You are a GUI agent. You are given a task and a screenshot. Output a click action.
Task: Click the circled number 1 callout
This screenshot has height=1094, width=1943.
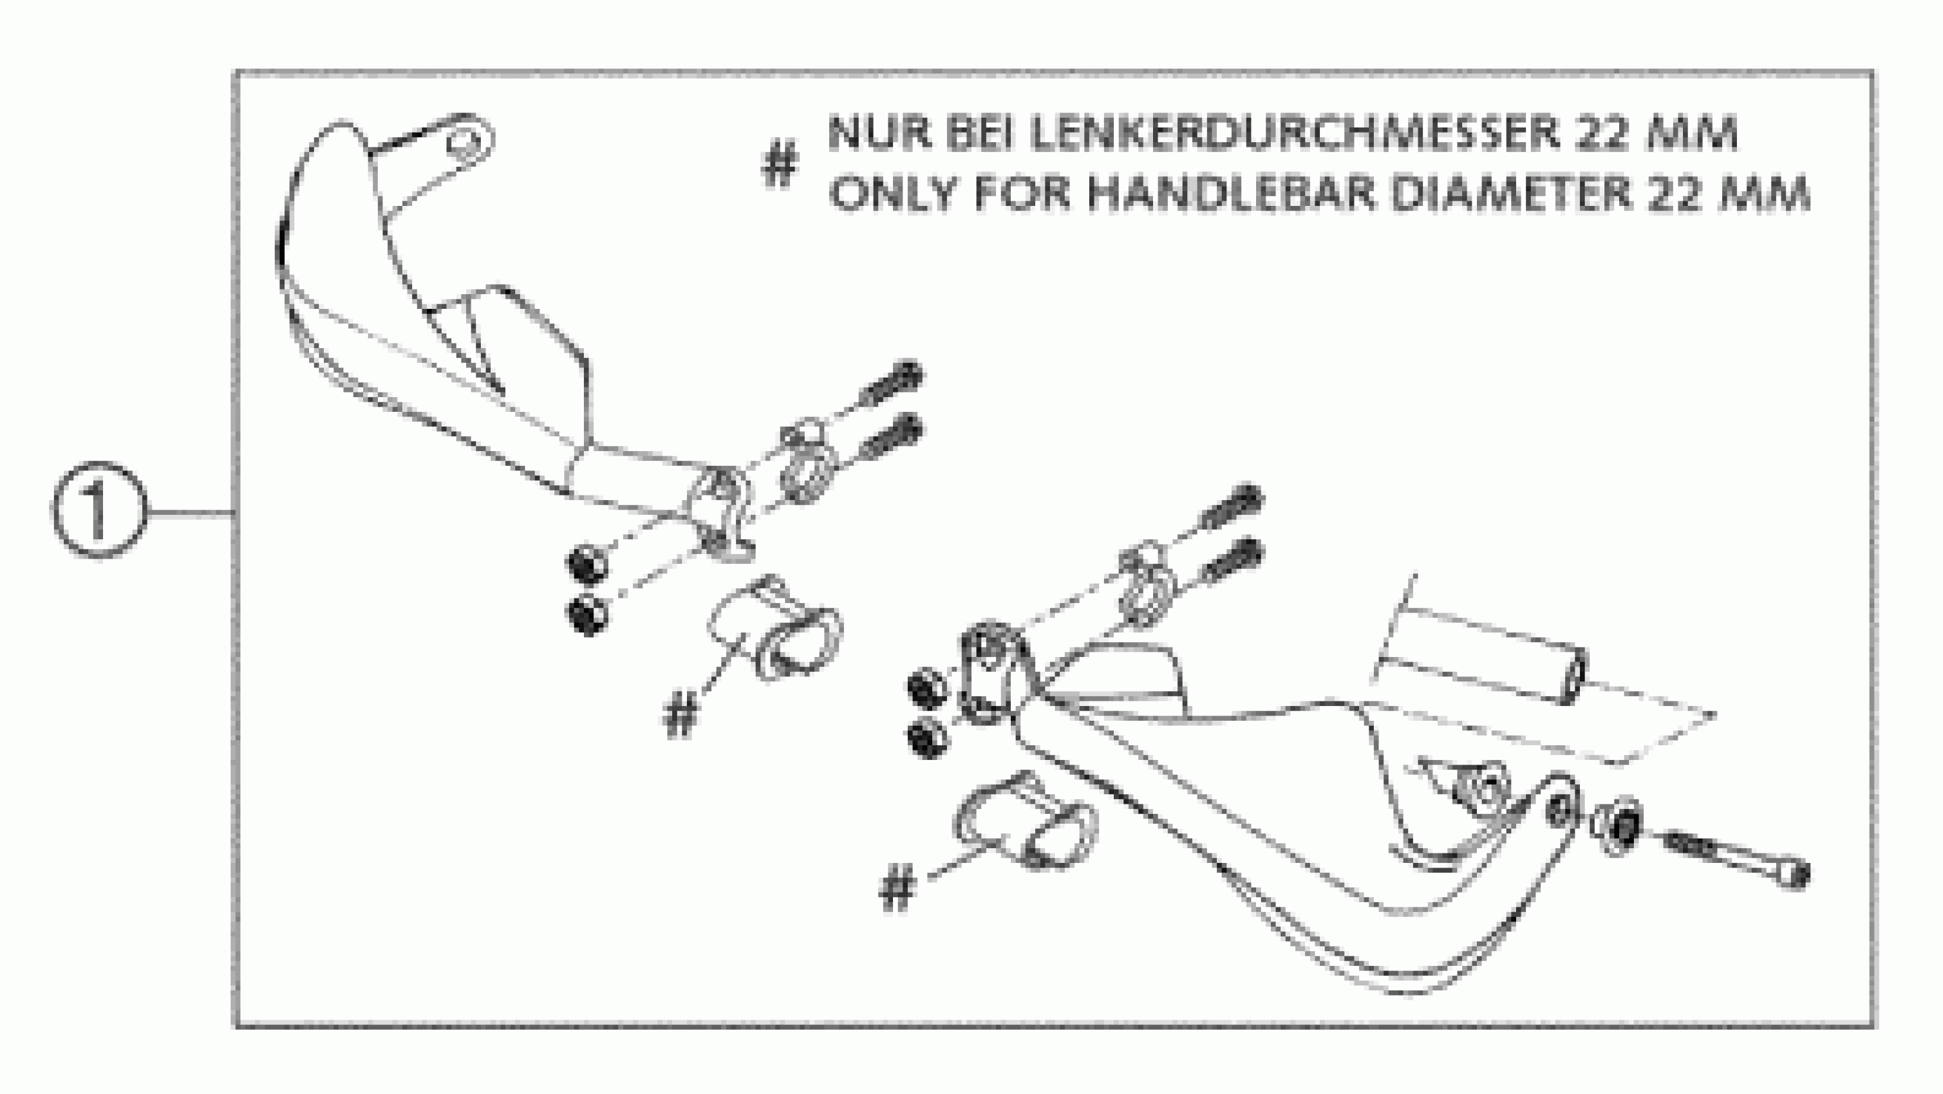(98, 510)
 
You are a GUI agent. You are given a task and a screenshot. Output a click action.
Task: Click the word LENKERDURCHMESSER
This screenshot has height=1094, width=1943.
(1283, 134)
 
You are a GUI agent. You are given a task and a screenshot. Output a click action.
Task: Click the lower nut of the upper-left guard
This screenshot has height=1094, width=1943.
(588, 615)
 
